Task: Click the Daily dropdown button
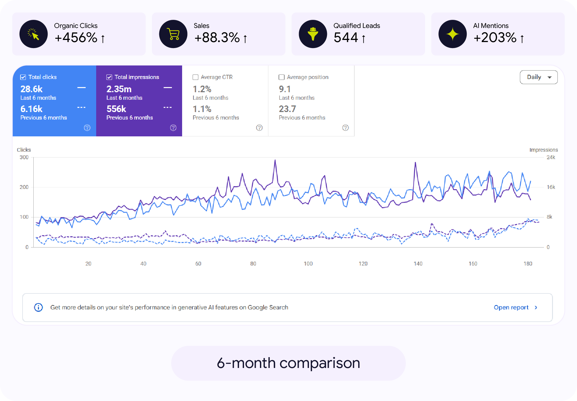click(x=539, y=77)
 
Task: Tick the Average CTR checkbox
click(x=195, y=77)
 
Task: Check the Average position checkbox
click(x=282, y=77)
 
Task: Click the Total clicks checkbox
click(x=23, y=77)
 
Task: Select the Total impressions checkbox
click(x=109, y=77)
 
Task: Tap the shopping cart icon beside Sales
click(x=173, y=34)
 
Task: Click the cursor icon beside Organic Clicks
click(x=34, y=34)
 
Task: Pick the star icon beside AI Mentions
click(x=453, y=34)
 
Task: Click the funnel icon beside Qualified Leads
click(x=313, y=34)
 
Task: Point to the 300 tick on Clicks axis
click(x=24, y=157)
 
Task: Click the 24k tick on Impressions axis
click(x=551, y=157)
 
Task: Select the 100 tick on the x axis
click(x=308, y=263)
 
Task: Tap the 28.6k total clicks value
click(x=32, y=89)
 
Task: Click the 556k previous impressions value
click(x=116, y=109)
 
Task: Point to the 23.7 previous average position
click(x=287, y=109)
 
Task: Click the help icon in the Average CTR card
click(x=259, y=128)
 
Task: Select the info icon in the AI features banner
click(x=38, y=307)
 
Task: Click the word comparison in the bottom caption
click(x=320, y=363)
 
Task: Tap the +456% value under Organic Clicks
click(x=76, y=38)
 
